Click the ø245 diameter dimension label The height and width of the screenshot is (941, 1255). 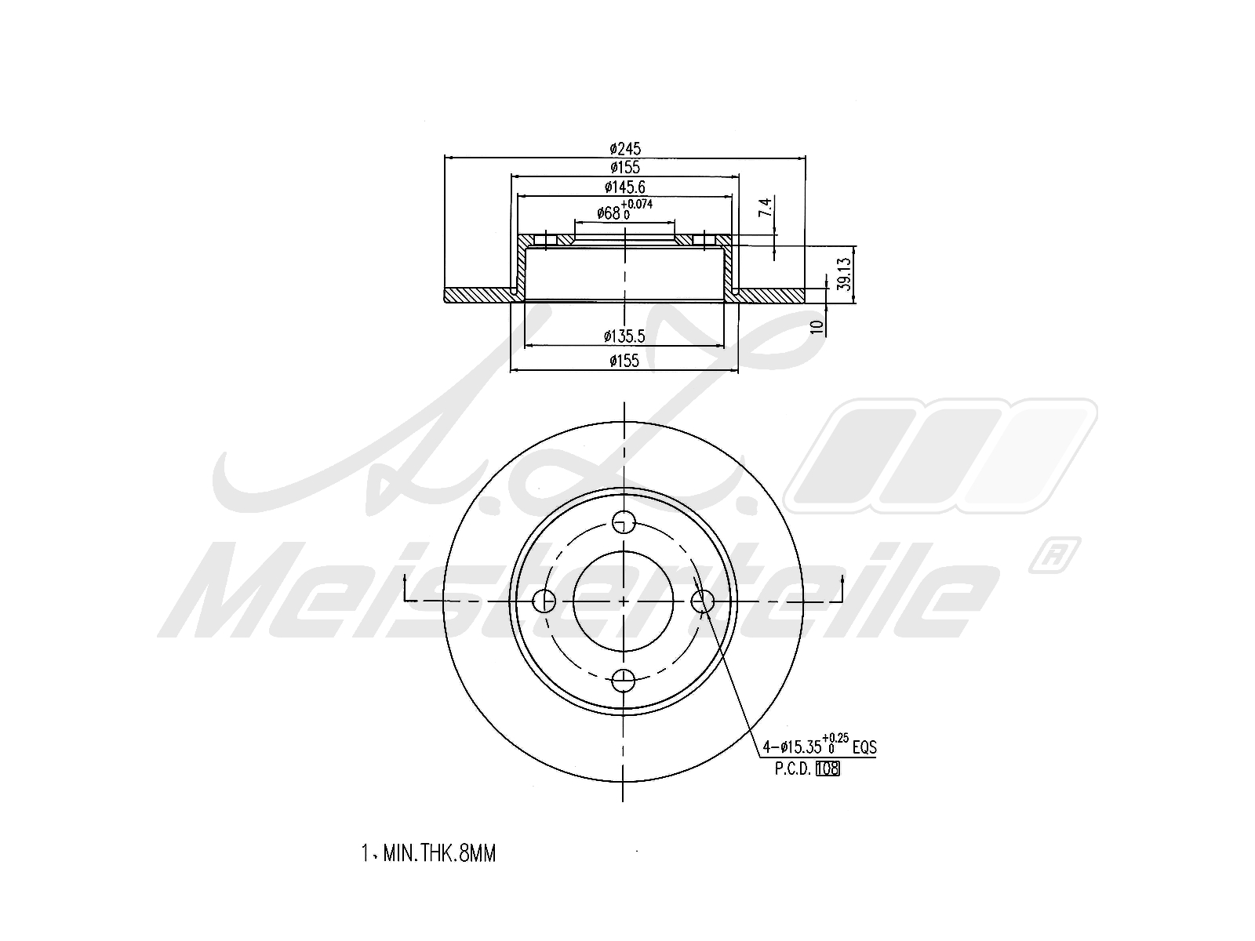click(625, 148)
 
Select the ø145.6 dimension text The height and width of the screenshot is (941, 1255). click(625, 187)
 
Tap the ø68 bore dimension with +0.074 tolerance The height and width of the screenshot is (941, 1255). click(624, 210)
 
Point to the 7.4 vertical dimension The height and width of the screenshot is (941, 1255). click(766, 207)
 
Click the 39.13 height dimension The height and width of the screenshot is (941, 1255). click(845, 274)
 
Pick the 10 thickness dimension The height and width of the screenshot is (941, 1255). click(817, 326)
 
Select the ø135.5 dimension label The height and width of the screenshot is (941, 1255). click(624, 336)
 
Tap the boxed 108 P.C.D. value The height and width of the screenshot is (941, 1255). click(828, 769)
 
